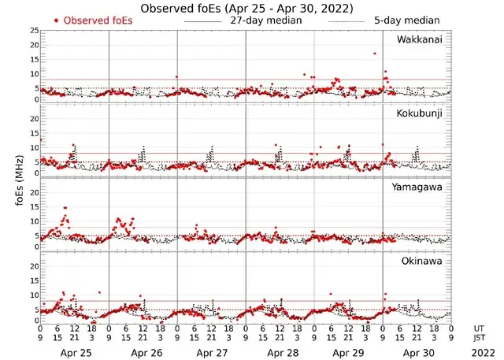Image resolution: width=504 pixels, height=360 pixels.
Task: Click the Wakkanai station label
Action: tap(420, 39)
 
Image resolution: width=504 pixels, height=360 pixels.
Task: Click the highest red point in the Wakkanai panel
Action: tap(375, 54)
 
